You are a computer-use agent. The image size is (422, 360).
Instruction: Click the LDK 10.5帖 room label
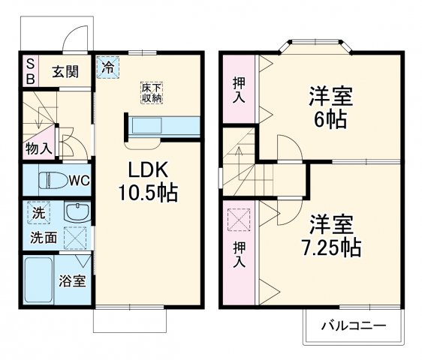(x=146, y=180)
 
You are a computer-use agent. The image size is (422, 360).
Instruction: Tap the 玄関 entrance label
(x=65, y=72)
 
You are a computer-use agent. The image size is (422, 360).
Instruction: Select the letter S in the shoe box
(x=31, y=65)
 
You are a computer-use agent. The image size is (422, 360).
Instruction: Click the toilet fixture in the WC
(x=50, y=180)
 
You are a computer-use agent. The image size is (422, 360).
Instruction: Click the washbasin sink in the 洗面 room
(x=77, y=213)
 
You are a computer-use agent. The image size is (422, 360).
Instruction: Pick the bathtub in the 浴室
(x=38, y=280)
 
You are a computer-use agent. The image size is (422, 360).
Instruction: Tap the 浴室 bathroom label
(x=73, y=282)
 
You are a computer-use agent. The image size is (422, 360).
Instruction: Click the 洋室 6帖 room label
(x=331, y=108)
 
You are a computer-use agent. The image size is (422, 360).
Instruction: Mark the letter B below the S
(x=31, y=79)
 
